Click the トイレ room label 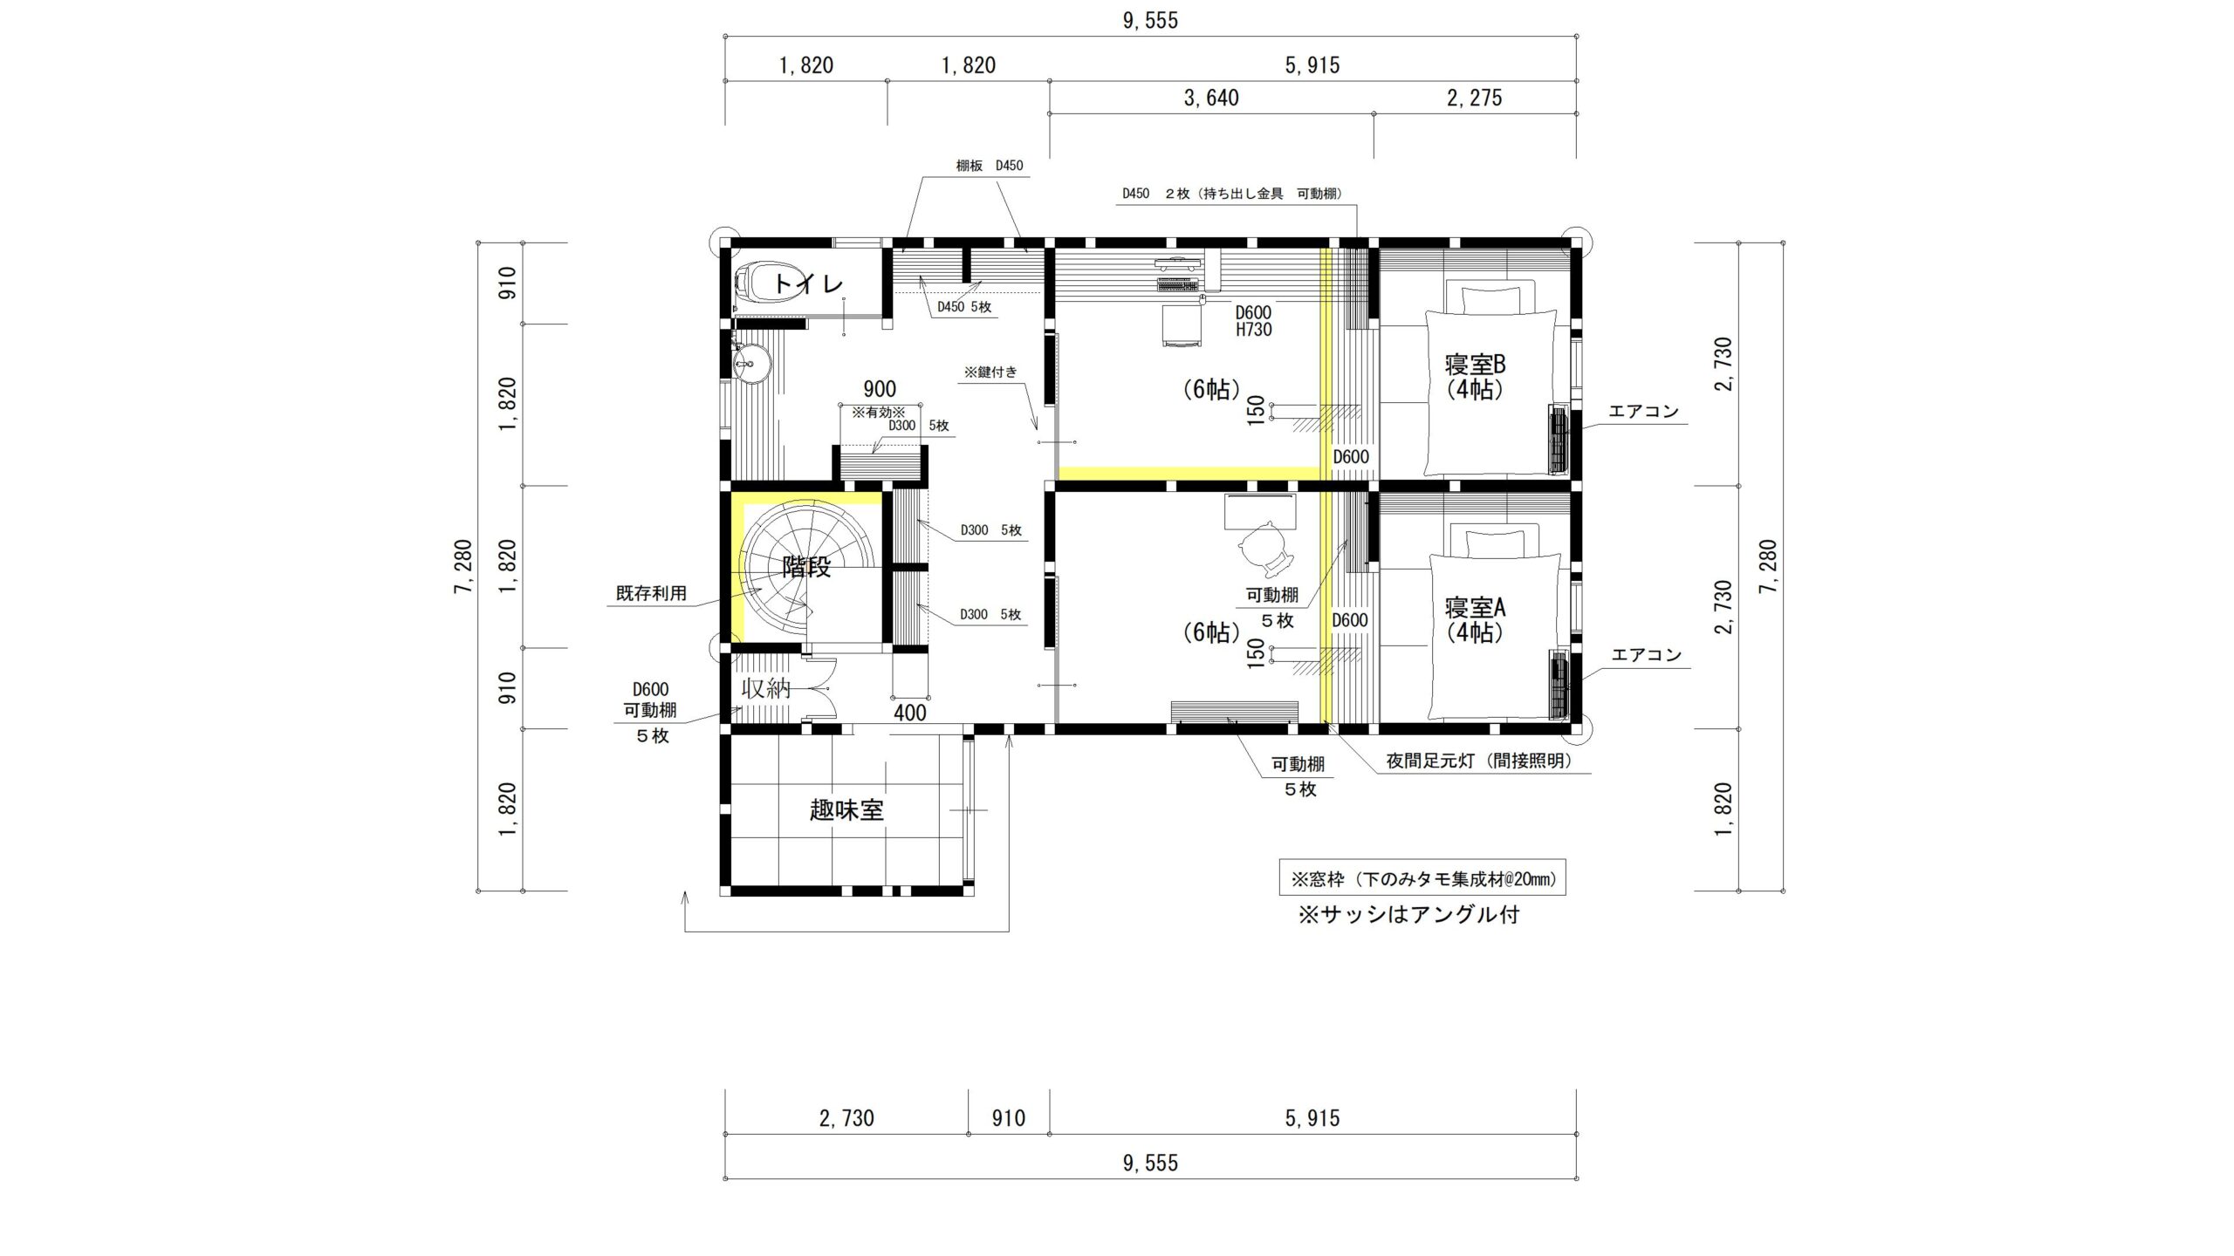pos(809,283)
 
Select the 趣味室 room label pos(846,810)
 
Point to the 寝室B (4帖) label pos(1475,377)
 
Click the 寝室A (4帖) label pos(1475,619)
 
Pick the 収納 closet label pos(766,688)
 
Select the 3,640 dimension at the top pos(1211,99)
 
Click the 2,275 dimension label pos(1475,99)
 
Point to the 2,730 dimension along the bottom pos(846,1118)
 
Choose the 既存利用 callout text pos(651,593)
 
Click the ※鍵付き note pos(990,372)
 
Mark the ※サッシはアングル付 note pos(1408,915)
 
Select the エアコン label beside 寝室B pos(1644,412)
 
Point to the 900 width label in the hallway pos(880,389)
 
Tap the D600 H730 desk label pos(1253,321)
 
